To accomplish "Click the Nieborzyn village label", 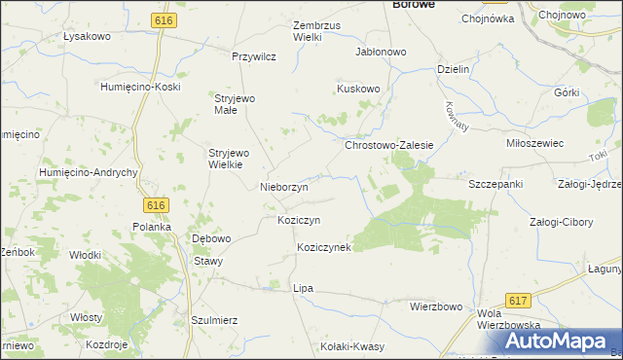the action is click(x=284, y=186).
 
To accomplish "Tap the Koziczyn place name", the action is click(x=299, y=220).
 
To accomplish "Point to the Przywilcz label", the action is click(x=254, y=56).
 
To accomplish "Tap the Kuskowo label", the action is click(x=358, y=89).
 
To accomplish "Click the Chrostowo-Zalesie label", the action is click(x=388, y=144).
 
